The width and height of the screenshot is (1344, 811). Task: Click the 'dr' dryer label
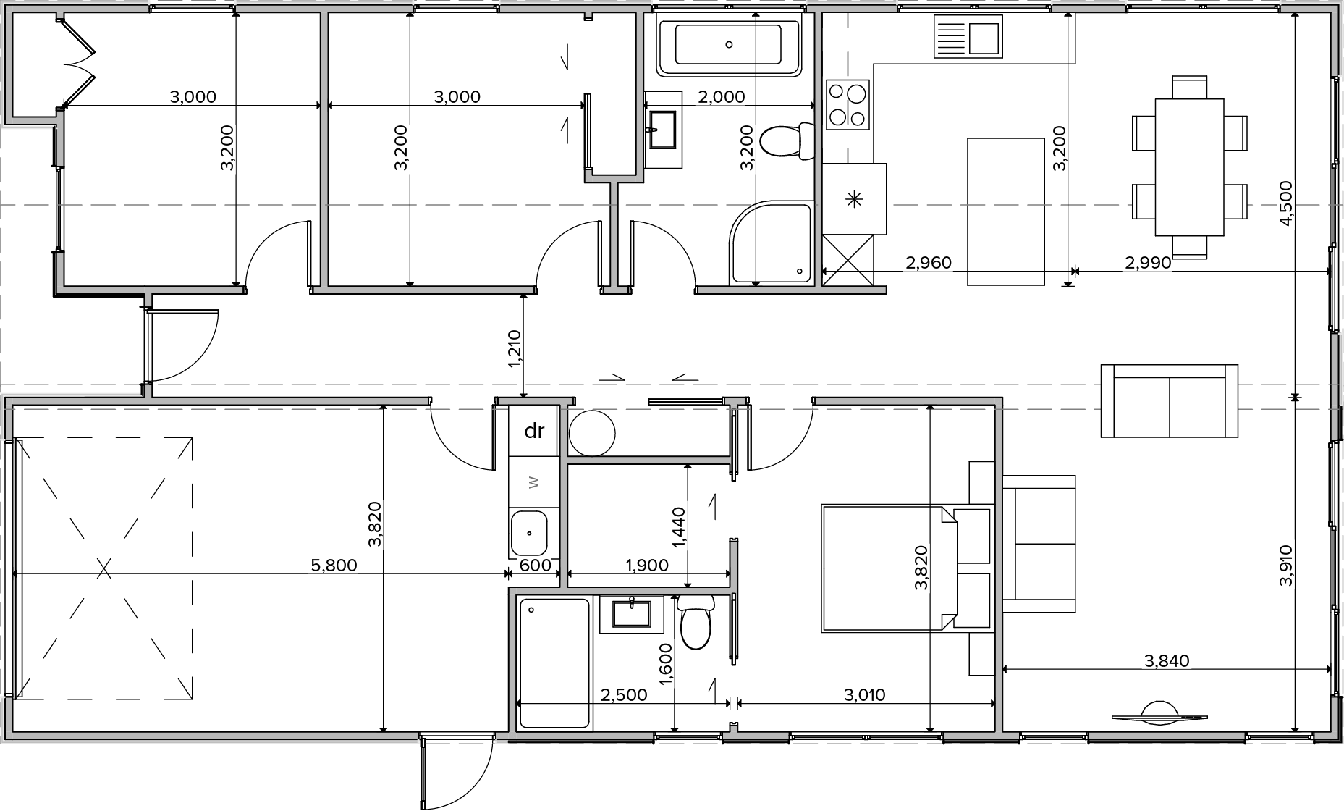point(534,431)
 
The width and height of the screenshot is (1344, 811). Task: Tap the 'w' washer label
point(534,482)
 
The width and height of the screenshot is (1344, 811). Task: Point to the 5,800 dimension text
point(334,565)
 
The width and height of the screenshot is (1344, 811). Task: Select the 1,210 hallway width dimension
point(515,348)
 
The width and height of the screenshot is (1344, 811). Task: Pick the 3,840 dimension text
point(1167,660)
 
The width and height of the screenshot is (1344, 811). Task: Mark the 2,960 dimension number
point(929,263)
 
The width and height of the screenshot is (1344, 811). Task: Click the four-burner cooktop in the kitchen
point(848,104)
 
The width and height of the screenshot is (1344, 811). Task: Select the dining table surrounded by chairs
point(1190,167)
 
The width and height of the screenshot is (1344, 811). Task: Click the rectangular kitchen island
point(1006,211)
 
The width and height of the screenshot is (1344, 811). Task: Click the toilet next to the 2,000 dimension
point(787,142)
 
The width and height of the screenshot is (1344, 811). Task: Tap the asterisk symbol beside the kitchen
point(854,199)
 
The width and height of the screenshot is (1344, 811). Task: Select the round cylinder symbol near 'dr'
point(591,433)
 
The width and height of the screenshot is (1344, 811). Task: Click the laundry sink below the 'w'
point(530,533)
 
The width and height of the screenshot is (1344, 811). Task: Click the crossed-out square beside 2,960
point(848,260)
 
